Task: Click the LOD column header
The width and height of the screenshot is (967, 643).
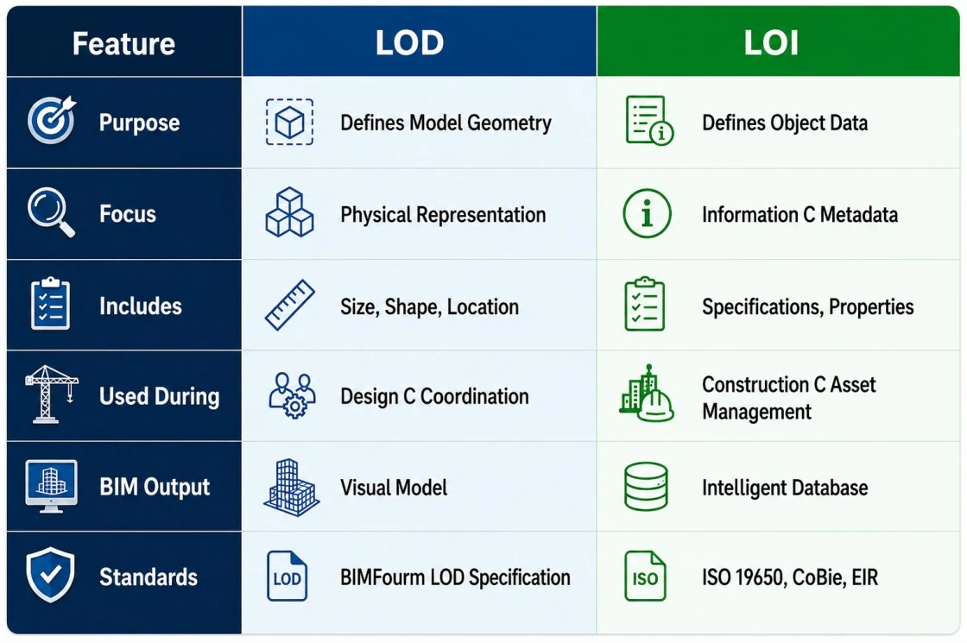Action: [x=409, y=43]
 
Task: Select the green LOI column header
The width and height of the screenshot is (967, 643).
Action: [x=771, y=43]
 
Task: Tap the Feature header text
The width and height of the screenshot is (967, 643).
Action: [x=123, y=44]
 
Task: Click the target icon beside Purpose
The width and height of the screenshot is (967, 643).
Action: [x=52, y=120]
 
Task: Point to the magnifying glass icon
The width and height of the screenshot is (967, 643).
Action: [x=51, y=212]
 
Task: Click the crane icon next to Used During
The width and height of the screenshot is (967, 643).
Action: [x=52, y=394]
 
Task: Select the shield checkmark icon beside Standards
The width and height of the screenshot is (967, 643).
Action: [x=51, y=575]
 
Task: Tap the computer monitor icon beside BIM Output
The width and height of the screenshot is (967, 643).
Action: [x=51, y=486]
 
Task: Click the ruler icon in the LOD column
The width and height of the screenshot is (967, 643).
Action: [x=290, y=306]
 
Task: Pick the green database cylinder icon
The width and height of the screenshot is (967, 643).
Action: [x=646, y=487]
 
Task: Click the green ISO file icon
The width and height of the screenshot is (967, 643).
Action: [x=645, y=576]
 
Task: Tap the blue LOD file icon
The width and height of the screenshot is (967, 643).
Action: [x=287, y=576]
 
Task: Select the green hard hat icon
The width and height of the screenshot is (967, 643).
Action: [x=655, y=407]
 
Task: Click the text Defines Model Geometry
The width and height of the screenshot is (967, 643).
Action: [x=446, y=123]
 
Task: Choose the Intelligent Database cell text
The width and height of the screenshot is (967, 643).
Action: [x=785, y=488]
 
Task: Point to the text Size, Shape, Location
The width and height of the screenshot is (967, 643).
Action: [x=429, y=306]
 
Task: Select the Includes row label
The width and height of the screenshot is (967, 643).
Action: [x=141, y=306]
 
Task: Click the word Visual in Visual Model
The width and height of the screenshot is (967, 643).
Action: [x=364, y=488]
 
